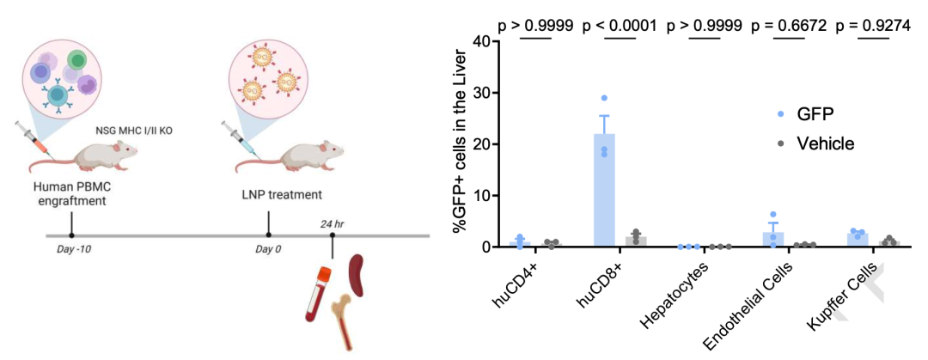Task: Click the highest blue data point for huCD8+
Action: coord(604,98)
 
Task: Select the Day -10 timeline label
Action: coord(70,249)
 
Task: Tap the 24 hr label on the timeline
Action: coord(333,224)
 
